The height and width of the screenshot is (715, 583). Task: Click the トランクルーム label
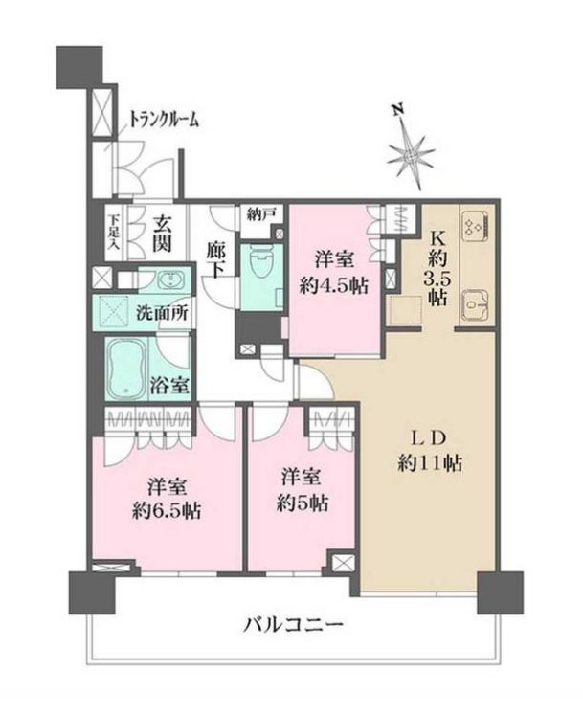pos(165,119)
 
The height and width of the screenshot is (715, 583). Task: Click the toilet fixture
pos(259,260)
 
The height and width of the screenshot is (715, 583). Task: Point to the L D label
pos(426,438)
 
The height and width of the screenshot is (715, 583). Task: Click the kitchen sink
pos(474,304)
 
